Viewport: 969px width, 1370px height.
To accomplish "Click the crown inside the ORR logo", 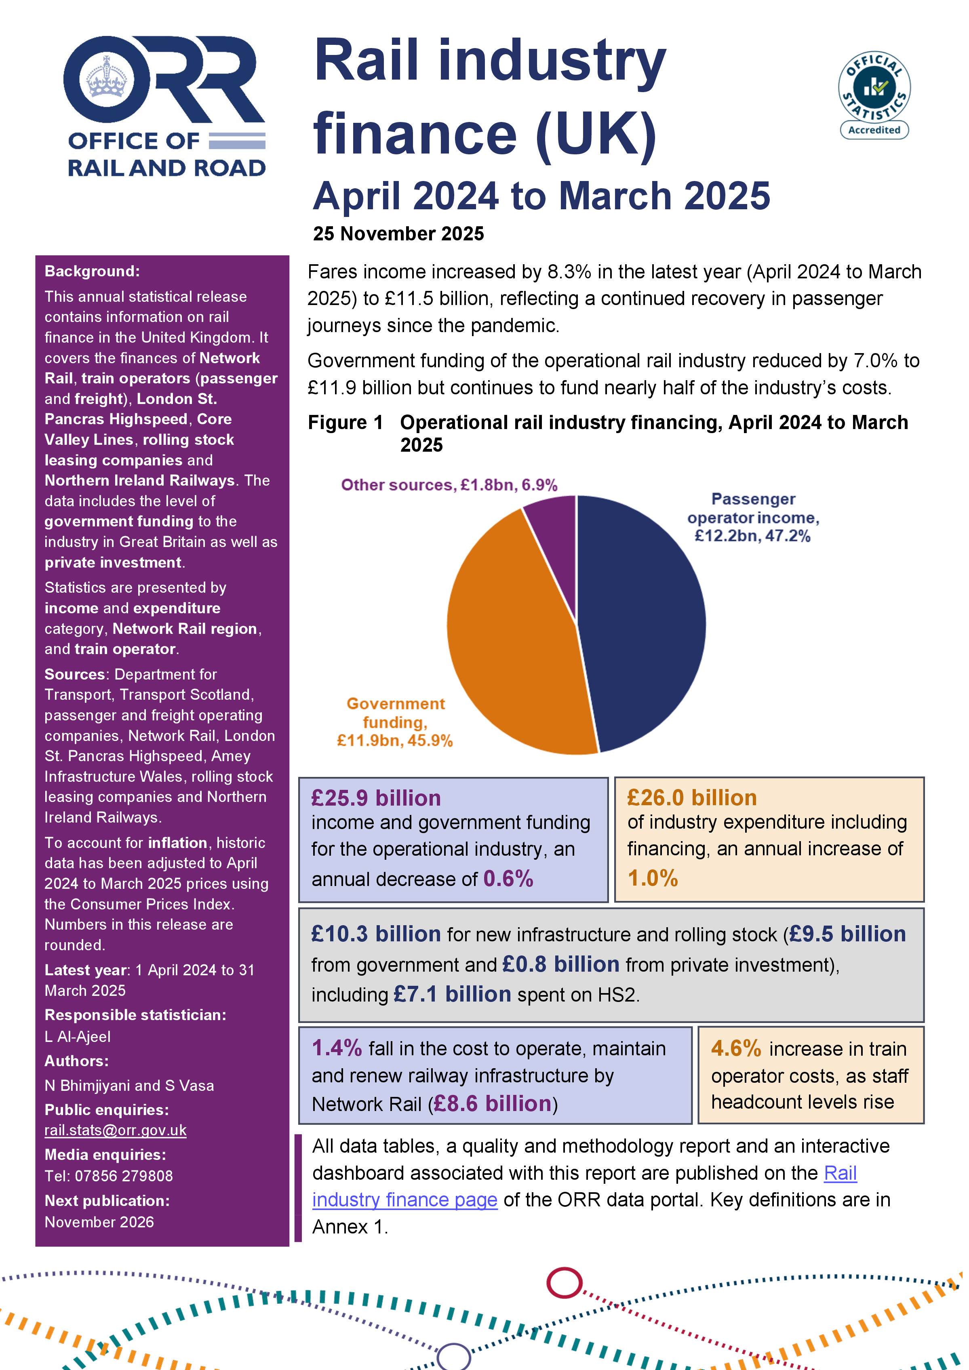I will (x=107, y=78).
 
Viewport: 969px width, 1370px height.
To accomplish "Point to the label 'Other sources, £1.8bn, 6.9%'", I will (x=449, y=484).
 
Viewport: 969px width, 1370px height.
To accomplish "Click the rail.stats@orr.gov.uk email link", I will (x=115, y=1130).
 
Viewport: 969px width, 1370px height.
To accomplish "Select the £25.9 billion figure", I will (x=376, y=798).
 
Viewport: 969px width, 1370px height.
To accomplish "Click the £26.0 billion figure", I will (x=691, y=798).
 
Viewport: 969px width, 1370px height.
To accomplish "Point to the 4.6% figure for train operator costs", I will (x=736, y=1048).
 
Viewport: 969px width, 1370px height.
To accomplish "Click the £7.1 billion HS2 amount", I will (x=452, y=994).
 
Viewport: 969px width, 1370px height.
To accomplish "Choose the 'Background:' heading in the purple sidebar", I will (x=92, y=271).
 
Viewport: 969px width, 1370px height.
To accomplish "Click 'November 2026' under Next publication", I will (x=99, y=1222).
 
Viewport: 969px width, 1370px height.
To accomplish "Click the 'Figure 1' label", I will (x=345, y=423).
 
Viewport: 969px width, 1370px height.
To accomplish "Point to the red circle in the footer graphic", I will (x=564, y=1282).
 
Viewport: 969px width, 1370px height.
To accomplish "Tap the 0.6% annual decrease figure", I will (x=508, y=878).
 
